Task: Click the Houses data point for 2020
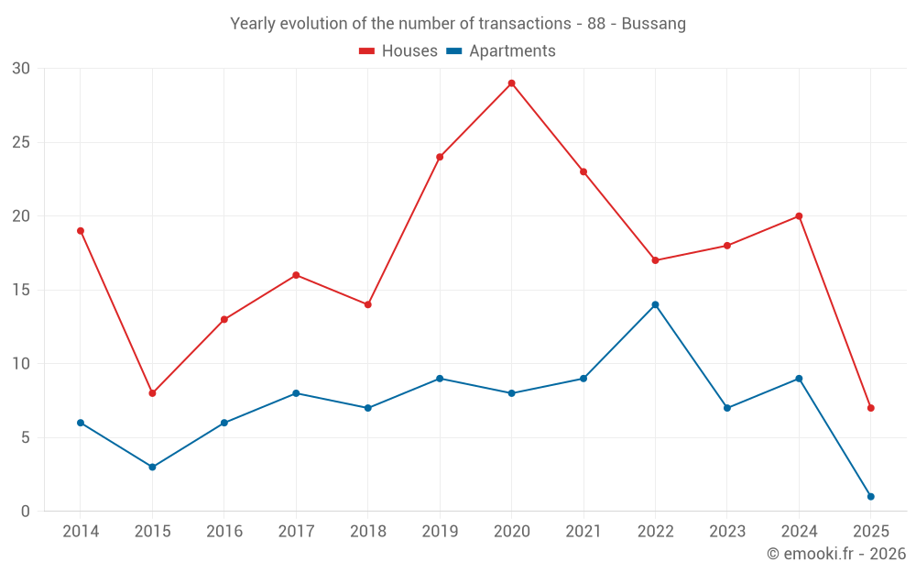coord(511,83)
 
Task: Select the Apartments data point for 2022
coord(655,304)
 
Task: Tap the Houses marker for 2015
coord(152,393)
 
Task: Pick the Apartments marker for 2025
coord(870,496)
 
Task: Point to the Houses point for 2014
coord(81,231)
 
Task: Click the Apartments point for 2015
coord(152,467)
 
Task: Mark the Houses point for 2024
coord(799,216)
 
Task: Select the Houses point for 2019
coord(440,157)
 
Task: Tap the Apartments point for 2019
coord(440,379)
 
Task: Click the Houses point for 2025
coord(870,408)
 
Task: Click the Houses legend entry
coord(398,51)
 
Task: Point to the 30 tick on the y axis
coord(21,69)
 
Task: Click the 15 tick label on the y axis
coord(21,290)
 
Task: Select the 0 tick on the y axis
coord(26,511)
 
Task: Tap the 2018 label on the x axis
coord(367,532)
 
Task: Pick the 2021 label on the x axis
coord(583,532)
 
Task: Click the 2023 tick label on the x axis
coord(727,532)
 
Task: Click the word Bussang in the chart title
coord(653,24)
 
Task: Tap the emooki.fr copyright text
coord(836,554)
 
